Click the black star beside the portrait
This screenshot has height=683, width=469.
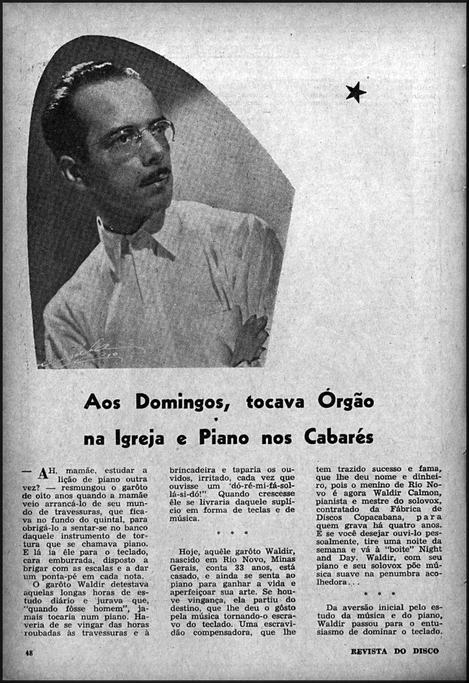356,92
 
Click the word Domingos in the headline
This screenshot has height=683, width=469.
182,401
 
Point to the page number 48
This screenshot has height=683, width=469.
29,652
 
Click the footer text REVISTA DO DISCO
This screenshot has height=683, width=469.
395,651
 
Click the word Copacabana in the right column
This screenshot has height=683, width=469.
360,517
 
